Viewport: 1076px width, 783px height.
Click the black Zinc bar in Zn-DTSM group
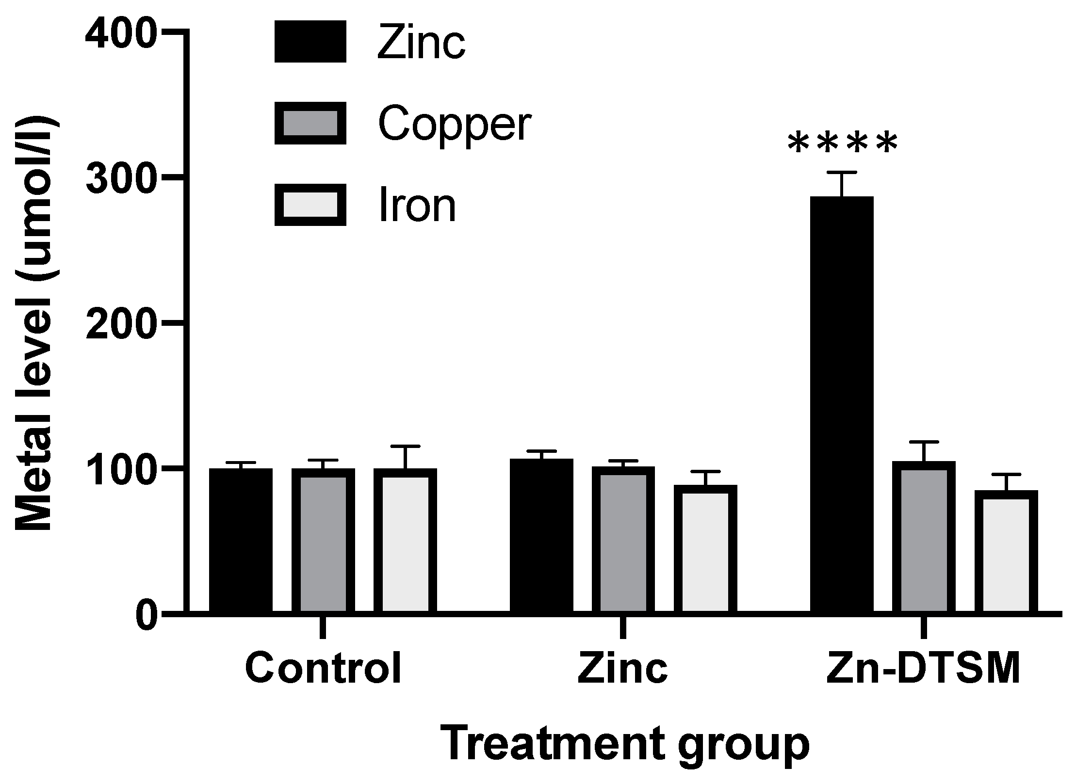coord(842,405)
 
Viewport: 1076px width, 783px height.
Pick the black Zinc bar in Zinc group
coord(541,536)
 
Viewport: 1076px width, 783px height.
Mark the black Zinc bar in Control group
coord(241,541)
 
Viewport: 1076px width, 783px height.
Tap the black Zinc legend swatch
coord(310,42)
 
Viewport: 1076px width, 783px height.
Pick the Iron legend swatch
coord(310,205)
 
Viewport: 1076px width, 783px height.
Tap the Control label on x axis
coord(323,668)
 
